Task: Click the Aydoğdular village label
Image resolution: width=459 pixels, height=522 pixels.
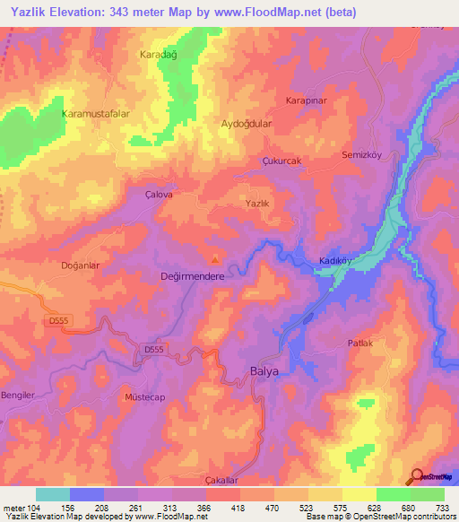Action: point(246,125)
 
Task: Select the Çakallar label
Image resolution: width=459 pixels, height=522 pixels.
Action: point(221,481)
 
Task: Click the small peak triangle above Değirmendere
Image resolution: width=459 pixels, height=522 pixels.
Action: point(213,262)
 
